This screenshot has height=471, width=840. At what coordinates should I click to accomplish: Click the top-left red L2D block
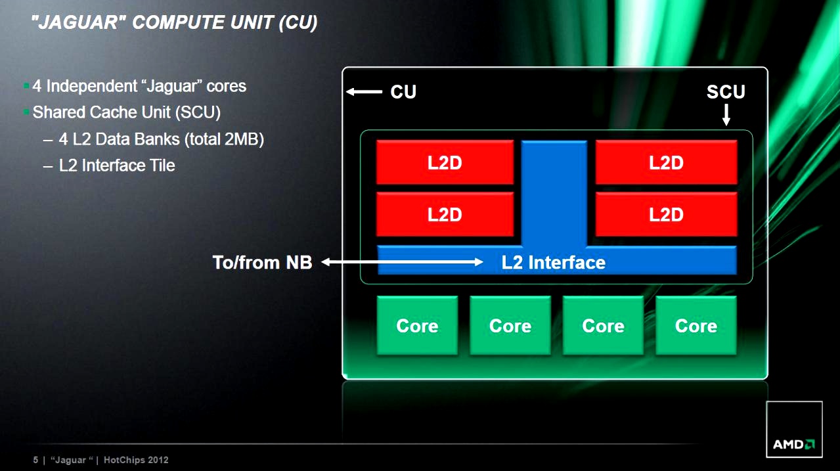[445, 162]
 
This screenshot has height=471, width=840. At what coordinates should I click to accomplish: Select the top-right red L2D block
[666, 162]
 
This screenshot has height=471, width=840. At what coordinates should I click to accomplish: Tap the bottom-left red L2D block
[445, 214]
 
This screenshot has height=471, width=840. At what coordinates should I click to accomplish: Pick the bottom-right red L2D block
[666, 214]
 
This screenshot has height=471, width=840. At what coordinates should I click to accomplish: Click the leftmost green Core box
[417, 326]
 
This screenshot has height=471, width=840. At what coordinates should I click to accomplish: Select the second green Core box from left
[510, 326]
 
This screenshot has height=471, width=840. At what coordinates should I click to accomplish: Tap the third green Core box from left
[603, 326]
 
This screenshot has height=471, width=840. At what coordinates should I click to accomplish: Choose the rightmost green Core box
[696, 326]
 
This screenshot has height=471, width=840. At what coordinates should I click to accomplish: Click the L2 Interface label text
[553, 263]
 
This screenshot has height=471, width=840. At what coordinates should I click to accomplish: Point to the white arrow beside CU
[365, 92]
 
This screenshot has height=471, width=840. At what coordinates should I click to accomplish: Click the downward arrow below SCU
[726, 116]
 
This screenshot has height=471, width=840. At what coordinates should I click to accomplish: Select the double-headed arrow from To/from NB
[402, 263]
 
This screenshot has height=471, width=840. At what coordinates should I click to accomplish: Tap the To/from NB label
[262, 263]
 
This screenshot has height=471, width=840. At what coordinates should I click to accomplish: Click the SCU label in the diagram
[726, 92]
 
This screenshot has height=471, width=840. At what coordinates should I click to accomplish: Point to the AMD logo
[794, 444]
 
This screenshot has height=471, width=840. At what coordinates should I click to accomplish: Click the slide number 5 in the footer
[35, 460]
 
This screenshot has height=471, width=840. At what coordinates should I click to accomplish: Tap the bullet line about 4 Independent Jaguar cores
[139, 86]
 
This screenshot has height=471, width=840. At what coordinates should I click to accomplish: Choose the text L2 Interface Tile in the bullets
[117, 166]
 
